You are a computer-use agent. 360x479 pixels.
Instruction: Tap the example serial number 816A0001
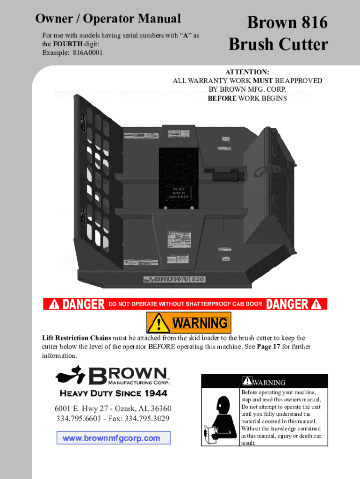[87, 52]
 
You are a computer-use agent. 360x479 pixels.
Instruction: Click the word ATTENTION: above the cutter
[247, 72]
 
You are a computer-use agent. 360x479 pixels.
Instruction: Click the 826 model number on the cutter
[198, 279]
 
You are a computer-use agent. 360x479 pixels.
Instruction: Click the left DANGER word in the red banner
[84, 305]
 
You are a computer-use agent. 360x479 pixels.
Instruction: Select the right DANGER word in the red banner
[288, 305]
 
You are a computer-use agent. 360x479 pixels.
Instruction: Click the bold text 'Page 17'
[270, 347]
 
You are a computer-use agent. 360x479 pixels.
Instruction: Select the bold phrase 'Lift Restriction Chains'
[77, 338]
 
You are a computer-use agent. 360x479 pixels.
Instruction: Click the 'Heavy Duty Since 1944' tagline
[112, 393]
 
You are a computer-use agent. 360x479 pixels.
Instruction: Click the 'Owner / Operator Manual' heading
[108, 19]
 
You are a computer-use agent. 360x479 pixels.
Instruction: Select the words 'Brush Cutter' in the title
[279, 45]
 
